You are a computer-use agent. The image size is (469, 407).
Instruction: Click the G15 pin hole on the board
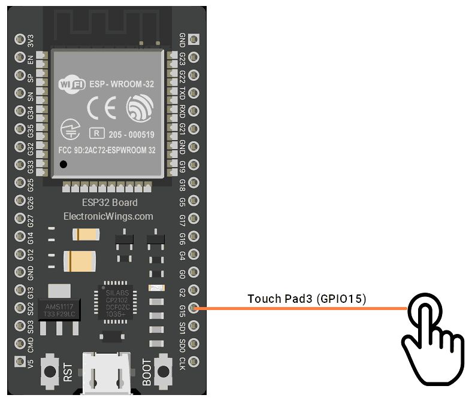(x=193, y=308)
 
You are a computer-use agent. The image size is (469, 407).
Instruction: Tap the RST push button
(x=50, y=371)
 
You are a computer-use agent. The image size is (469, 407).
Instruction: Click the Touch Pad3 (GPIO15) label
(x=307, y=298)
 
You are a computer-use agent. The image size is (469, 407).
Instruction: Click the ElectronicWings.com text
(x=108, y=216)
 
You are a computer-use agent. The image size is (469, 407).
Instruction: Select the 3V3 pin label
(x=31, y=41)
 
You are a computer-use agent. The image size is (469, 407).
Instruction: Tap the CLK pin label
(x=182, y=362)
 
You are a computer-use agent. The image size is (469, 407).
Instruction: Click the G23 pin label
(x=182, y=58)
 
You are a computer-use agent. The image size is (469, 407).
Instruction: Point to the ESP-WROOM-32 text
(x=122, y=85)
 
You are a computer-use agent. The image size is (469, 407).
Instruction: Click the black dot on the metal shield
(x=62, y=164)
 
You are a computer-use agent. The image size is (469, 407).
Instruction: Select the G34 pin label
(x=31, y=112)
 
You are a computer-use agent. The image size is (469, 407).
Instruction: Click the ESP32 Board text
(x=109, y=202)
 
